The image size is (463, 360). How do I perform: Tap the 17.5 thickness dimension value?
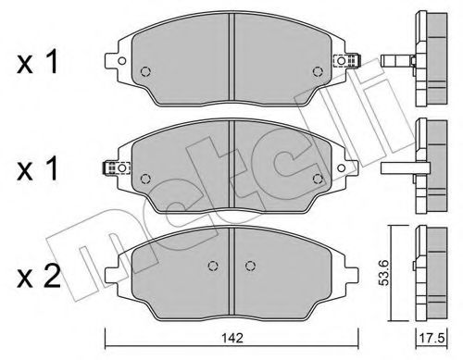(435, 339)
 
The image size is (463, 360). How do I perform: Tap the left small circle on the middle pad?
(144, 178)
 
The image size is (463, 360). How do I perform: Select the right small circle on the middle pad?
(318, 178)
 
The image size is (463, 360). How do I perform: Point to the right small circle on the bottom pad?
(249, 264)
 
